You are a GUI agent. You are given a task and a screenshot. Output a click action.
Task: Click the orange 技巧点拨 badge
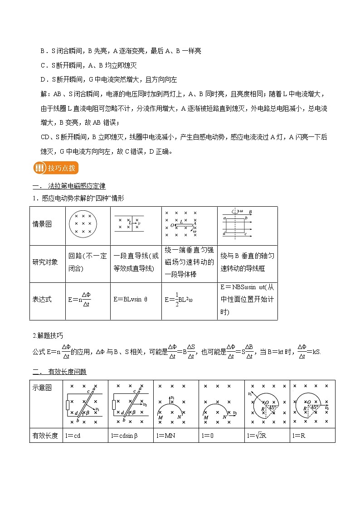(x=55, y=168)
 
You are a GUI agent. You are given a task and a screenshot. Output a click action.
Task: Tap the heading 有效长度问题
(x=67, y=372)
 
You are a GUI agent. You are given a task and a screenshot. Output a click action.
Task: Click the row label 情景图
(x=42, y=224)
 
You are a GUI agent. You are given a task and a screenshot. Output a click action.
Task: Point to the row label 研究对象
(x=45, y=262)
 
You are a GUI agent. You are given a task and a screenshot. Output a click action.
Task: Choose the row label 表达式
(x=42, y=299)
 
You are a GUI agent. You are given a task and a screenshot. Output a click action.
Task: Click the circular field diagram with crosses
(x=83, y=224)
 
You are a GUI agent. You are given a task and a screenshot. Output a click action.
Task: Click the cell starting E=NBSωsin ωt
(x=247, y=300)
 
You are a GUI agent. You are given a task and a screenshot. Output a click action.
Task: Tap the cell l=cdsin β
(x=125, y=436)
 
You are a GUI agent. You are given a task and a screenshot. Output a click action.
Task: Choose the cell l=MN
(x=164, y=436)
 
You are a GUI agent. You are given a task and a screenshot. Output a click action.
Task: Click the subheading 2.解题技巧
(x=48, y=335)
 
